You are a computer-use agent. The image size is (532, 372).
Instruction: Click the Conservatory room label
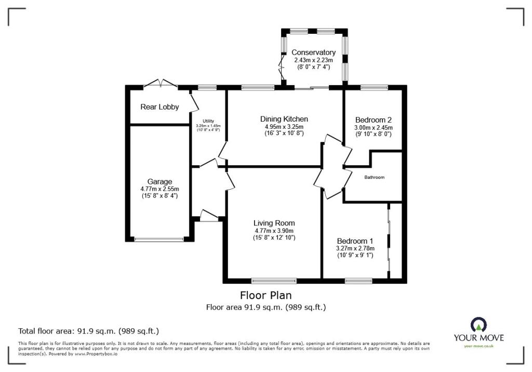point(313,52)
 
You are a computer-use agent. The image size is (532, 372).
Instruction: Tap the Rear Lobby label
point(159,107)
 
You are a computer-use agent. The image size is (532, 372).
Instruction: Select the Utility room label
point(208,121)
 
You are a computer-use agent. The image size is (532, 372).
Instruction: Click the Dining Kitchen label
point(284,119)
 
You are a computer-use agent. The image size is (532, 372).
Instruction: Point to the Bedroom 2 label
point(373,119)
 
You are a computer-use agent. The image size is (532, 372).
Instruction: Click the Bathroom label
point(374,177)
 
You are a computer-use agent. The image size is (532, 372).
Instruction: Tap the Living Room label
point(274,223)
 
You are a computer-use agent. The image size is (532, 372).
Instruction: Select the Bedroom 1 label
point(355,241)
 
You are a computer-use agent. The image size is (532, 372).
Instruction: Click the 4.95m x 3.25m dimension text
point(284,126)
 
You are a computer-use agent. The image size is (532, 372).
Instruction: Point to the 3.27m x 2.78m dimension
point(355,248)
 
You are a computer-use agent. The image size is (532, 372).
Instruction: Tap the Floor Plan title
point(266,296)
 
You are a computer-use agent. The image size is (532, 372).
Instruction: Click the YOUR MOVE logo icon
point(478,325)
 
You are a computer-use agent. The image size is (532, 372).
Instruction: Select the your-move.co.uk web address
point(478,346)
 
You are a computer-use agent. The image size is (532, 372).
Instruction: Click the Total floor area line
point(88,330)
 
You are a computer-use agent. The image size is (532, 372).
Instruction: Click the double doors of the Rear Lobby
point(160,83)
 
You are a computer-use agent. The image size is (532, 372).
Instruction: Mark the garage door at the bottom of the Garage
point(159,240)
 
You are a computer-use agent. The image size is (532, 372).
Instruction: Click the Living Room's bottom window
point(271,281)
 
